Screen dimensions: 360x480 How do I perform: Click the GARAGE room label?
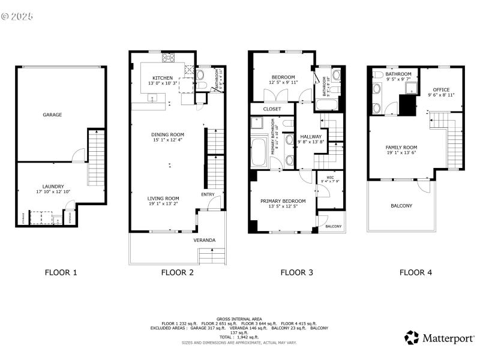(52, 115)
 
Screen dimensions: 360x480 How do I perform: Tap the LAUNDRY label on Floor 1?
(53, 187)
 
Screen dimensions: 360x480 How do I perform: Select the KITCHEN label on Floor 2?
(163, 78)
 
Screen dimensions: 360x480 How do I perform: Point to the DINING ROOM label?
(168, 134)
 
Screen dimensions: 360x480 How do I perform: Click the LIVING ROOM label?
(164, 198)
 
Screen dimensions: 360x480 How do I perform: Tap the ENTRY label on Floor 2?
(208, 194)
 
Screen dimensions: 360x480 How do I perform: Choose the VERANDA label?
(204, 240)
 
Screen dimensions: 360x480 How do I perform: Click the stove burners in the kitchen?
(168, 58)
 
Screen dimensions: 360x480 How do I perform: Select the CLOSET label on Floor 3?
(272, 109)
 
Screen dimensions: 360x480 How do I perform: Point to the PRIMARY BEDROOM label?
(283, 201)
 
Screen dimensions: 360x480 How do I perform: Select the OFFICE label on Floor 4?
(441, 89)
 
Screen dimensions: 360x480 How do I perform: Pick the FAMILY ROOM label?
(401, 147)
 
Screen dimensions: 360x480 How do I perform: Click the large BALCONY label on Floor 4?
(401, 206)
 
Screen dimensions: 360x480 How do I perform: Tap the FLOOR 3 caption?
(296, 272)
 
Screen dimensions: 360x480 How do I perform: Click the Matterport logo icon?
(412, 338)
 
